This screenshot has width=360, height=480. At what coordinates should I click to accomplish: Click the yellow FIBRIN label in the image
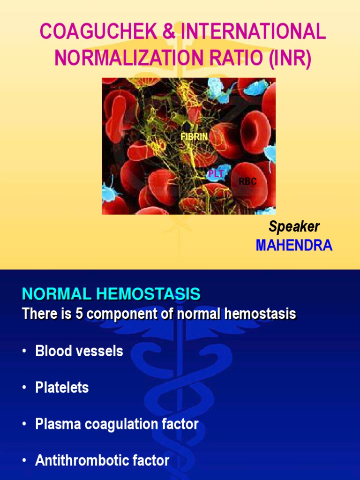(194, 137)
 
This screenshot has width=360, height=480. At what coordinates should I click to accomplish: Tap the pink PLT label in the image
(217, 174)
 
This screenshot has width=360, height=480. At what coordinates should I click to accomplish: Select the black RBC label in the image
(247, 182)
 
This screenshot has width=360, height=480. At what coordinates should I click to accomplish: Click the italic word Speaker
(294, 227)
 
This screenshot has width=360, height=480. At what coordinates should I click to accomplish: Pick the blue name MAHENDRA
(294, 246)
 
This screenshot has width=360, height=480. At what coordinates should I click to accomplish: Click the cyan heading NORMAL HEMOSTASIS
(111, 294)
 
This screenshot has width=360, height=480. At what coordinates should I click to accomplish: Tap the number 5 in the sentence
(79, 314)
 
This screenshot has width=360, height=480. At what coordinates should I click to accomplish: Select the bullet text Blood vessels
(79, 351)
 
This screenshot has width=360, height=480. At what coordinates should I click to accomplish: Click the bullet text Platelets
(62, 388)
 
